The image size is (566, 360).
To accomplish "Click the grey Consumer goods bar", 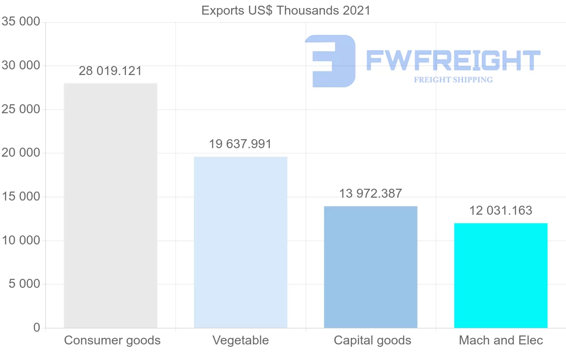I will [110, 205].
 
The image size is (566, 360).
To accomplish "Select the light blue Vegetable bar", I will [241, 242].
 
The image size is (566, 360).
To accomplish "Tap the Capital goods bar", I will [371, 267].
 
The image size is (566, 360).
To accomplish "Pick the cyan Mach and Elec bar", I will [500, 276].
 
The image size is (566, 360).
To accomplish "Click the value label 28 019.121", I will [110, 71].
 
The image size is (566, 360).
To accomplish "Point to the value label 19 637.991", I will [241, 144].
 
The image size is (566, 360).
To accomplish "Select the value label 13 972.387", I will [371, 193].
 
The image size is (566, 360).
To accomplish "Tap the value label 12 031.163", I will [500, 210].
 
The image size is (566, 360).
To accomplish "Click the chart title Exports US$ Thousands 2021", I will [286, 10].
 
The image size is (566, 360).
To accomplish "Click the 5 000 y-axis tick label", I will [24, 284].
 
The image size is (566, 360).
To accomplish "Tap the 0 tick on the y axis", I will [37, 328].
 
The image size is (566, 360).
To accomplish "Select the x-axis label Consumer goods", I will [112, 340].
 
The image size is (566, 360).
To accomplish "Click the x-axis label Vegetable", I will [241, 340].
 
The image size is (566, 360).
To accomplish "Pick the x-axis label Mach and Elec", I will [501, 340].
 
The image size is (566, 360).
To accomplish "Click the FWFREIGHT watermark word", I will [453, 61].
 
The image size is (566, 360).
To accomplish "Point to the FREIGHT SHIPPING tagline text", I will [453, 80].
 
